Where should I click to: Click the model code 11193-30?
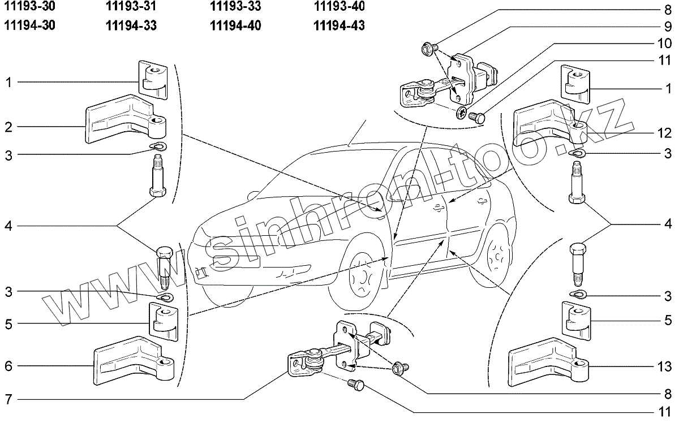pyautogui.click(x=29, y=7)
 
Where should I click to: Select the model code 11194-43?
pyautogui.click(x=338, y=25)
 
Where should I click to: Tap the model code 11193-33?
pyautogui.click(x=235, y=7)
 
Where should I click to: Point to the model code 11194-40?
pyautogui.click(x=235, y=25)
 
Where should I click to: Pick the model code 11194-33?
pyautogui.click(x=131, y=25)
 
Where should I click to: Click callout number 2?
pyautogui.click(x=8, y=127)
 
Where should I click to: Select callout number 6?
pyautogui.click(x=8, y=366)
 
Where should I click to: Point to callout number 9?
pyautogui.click(x=668, y=26)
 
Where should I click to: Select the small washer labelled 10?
pyautogui.click(x=462, y=113)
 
